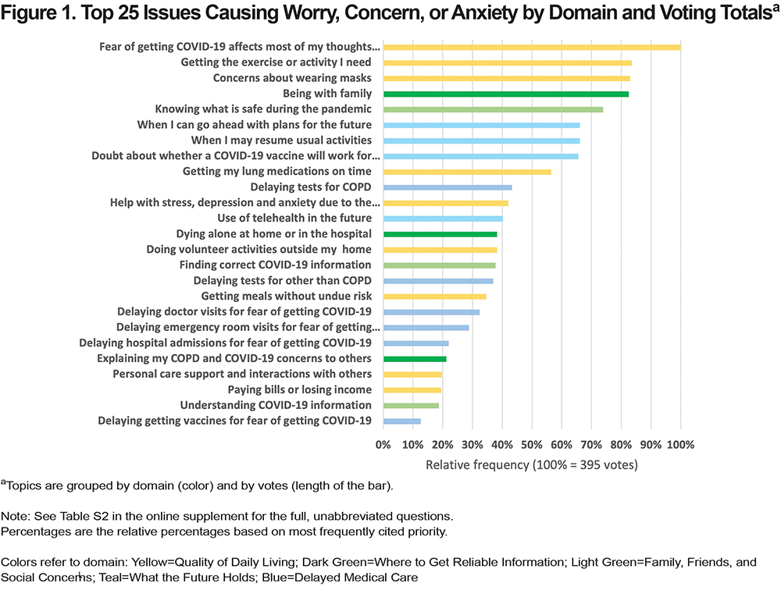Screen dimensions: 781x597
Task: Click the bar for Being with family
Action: point(505,94)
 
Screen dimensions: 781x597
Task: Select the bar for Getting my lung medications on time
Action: point(467,172)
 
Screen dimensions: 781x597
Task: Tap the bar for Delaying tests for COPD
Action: point(448,187)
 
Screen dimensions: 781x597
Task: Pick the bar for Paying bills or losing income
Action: point(412,390)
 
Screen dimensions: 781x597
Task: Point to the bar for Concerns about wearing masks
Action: point(507,79)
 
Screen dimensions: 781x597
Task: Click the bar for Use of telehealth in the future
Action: point(444,219)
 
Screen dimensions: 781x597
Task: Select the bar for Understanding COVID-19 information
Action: point(411,406)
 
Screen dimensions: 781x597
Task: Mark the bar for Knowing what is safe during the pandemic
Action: point(493,109)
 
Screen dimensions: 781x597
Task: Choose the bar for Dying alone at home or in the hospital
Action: point(440,234)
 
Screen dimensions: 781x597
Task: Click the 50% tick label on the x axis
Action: point(531,445)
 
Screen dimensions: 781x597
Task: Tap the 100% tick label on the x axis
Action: point(680,445)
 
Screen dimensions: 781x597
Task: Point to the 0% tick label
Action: point(383,445)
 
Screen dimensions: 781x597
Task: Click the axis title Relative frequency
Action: point(476,465)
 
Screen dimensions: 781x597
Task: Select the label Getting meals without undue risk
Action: point(287,296)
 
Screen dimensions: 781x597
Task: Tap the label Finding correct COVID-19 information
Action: point(276,265)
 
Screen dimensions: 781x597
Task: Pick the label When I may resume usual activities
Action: point(281,140)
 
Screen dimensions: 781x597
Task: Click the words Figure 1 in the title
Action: point(37,13)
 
